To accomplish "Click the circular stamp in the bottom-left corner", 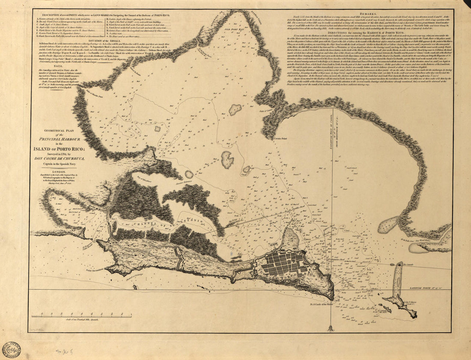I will coord(11,349).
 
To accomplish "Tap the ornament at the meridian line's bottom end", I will coord(331,328).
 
